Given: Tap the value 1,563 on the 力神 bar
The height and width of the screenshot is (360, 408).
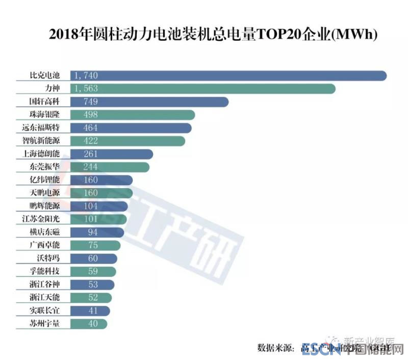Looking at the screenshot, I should click(86, 88).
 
